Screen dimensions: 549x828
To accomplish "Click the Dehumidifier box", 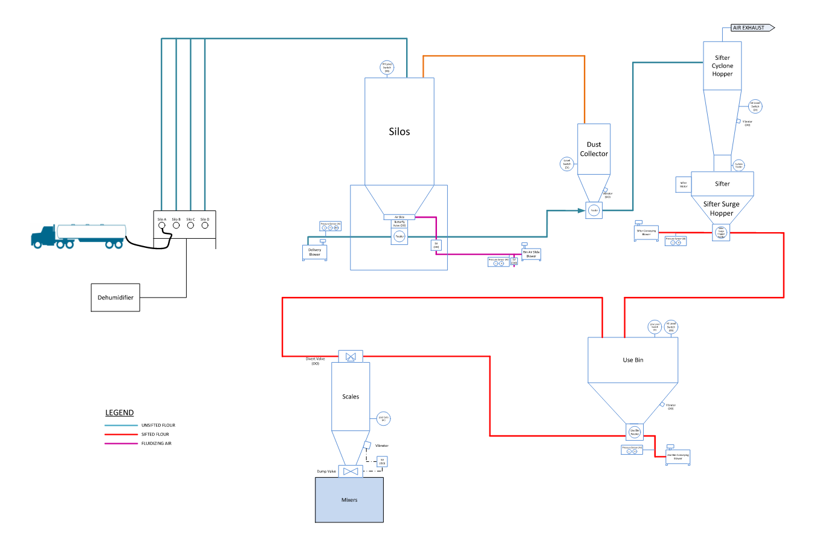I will point(115,297).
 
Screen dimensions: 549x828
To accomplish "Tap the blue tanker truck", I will point(79,236).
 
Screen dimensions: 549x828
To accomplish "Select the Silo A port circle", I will point(162,226).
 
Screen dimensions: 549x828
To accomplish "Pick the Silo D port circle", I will point(205,226).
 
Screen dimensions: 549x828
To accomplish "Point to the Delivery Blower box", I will point(315,252).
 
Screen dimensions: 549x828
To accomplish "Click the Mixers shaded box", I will point(349,500).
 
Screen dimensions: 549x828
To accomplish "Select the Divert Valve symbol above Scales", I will point(351,357).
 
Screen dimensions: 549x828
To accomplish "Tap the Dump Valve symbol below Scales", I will point(351,471).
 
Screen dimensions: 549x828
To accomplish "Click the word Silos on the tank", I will point(399,132).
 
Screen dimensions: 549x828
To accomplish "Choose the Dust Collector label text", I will point(594,149).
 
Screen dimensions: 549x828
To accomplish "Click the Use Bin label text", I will point(633,360).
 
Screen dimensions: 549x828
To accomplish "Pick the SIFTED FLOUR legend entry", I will point(155,434).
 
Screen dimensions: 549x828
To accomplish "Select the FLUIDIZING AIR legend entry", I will point(156,443).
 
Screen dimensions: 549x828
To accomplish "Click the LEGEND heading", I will point(120,413).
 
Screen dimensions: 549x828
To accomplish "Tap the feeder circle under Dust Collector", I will point(594,210).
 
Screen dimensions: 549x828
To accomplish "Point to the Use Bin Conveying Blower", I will point(678,457).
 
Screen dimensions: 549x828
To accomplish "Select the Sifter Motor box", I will point(683,184).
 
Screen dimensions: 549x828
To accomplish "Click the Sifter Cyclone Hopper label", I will point(722,66).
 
